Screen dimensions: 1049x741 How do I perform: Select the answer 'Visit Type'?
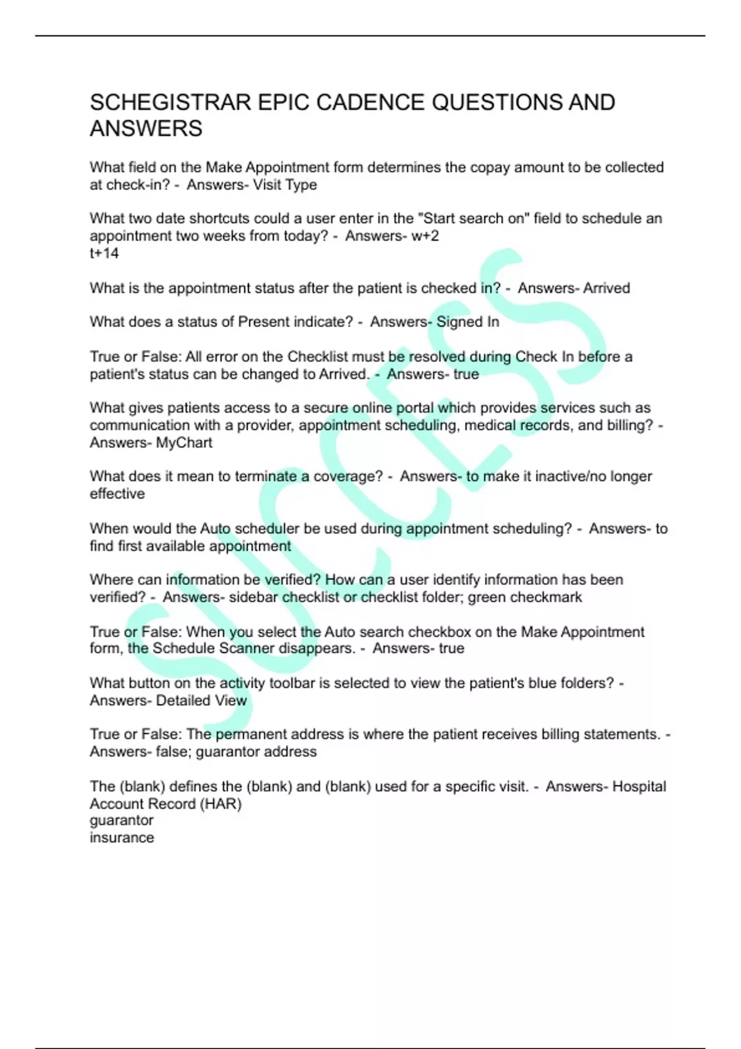click(285, 185)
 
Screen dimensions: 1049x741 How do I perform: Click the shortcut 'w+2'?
click(425, 236)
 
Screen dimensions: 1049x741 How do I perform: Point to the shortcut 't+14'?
click(104, 253)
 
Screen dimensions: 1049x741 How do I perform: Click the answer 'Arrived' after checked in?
click(606, 288)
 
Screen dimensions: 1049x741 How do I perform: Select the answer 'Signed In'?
click(467, 322)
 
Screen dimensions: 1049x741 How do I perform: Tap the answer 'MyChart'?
click(184, 442)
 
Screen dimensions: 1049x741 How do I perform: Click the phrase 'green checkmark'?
click(525, 597)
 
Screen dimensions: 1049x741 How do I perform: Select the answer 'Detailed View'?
click(201, 700)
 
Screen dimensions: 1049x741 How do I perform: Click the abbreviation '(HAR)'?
click(220, 804)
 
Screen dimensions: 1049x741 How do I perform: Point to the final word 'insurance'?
click(122, 838)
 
